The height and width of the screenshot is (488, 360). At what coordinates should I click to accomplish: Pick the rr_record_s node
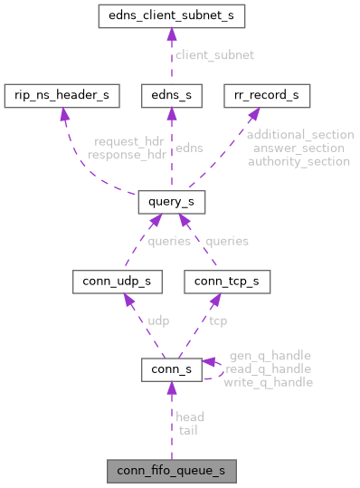(x=267, y=94)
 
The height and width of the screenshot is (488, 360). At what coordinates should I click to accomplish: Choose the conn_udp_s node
(x=118, y=282)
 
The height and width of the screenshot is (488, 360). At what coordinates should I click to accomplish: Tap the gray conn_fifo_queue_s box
(x=171, y=472)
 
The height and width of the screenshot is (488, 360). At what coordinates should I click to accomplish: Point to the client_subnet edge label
(x=216, y=55)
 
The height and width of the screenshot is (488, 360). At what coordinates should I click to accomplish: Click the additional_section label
(x=300, y=134)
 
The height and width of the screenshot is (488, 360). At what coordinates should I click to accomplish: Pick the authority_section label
(x=300, y=161)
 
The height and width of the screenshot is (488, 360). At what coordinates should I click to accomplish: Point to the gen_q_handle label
(x=270, y=356)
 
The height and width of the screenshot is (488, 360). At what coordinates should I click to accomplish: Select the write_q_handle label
(x=270, y=383)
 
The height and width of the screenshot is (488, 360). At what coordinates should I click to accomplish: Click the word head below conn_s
(x=190, y=417)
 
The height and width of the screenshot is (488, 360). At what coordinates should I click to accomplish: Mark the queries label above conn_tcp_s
(x=226, y=242)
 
